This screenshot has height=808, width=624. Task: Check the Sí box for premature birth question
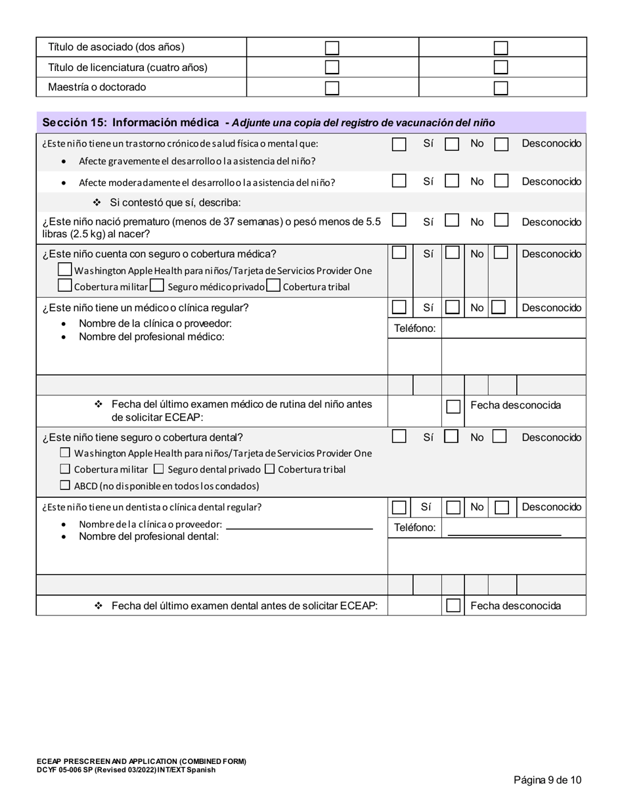click(399, 221)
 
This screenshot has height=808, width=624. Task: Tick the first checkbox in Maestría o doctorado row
click(332, 88)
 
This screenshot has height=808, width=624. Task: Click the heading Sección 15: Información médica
click(131, 123)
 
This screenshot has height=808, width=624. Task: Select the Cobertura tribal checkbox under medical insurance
click(273, 286)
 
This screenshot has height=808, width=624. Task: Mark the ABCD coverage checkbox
click(65, 485)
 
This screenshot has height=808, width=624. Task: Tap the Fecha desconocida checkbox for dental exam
click(453, 606)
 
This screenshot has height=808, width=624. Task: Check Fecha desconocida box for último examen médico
click(453, 407)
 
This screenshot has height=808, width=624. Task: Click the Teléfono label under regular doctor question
click(414, 328)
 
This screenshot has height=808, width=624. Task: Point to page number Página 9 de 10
click(547, 780)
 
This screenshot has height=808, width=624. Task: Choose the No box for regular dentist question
click(453, 508)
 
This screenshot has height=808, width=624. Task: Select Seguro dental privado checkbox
click(158, 469)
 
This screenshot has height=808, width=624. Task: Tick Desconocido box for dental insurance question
click(499, 436)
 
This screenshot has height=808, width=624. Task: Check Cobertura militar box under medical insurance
click(64, 286)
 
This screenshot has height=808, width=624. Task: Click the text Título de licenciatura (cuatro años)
click(128, 68)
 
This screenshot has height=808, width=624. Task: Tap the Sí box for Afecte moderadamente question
click(399, 181)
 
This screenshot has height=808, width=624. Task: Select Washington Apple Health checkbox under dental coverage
click(65, 453)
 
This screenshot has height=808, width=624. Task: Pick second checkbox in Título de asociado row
click(501, 48)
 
